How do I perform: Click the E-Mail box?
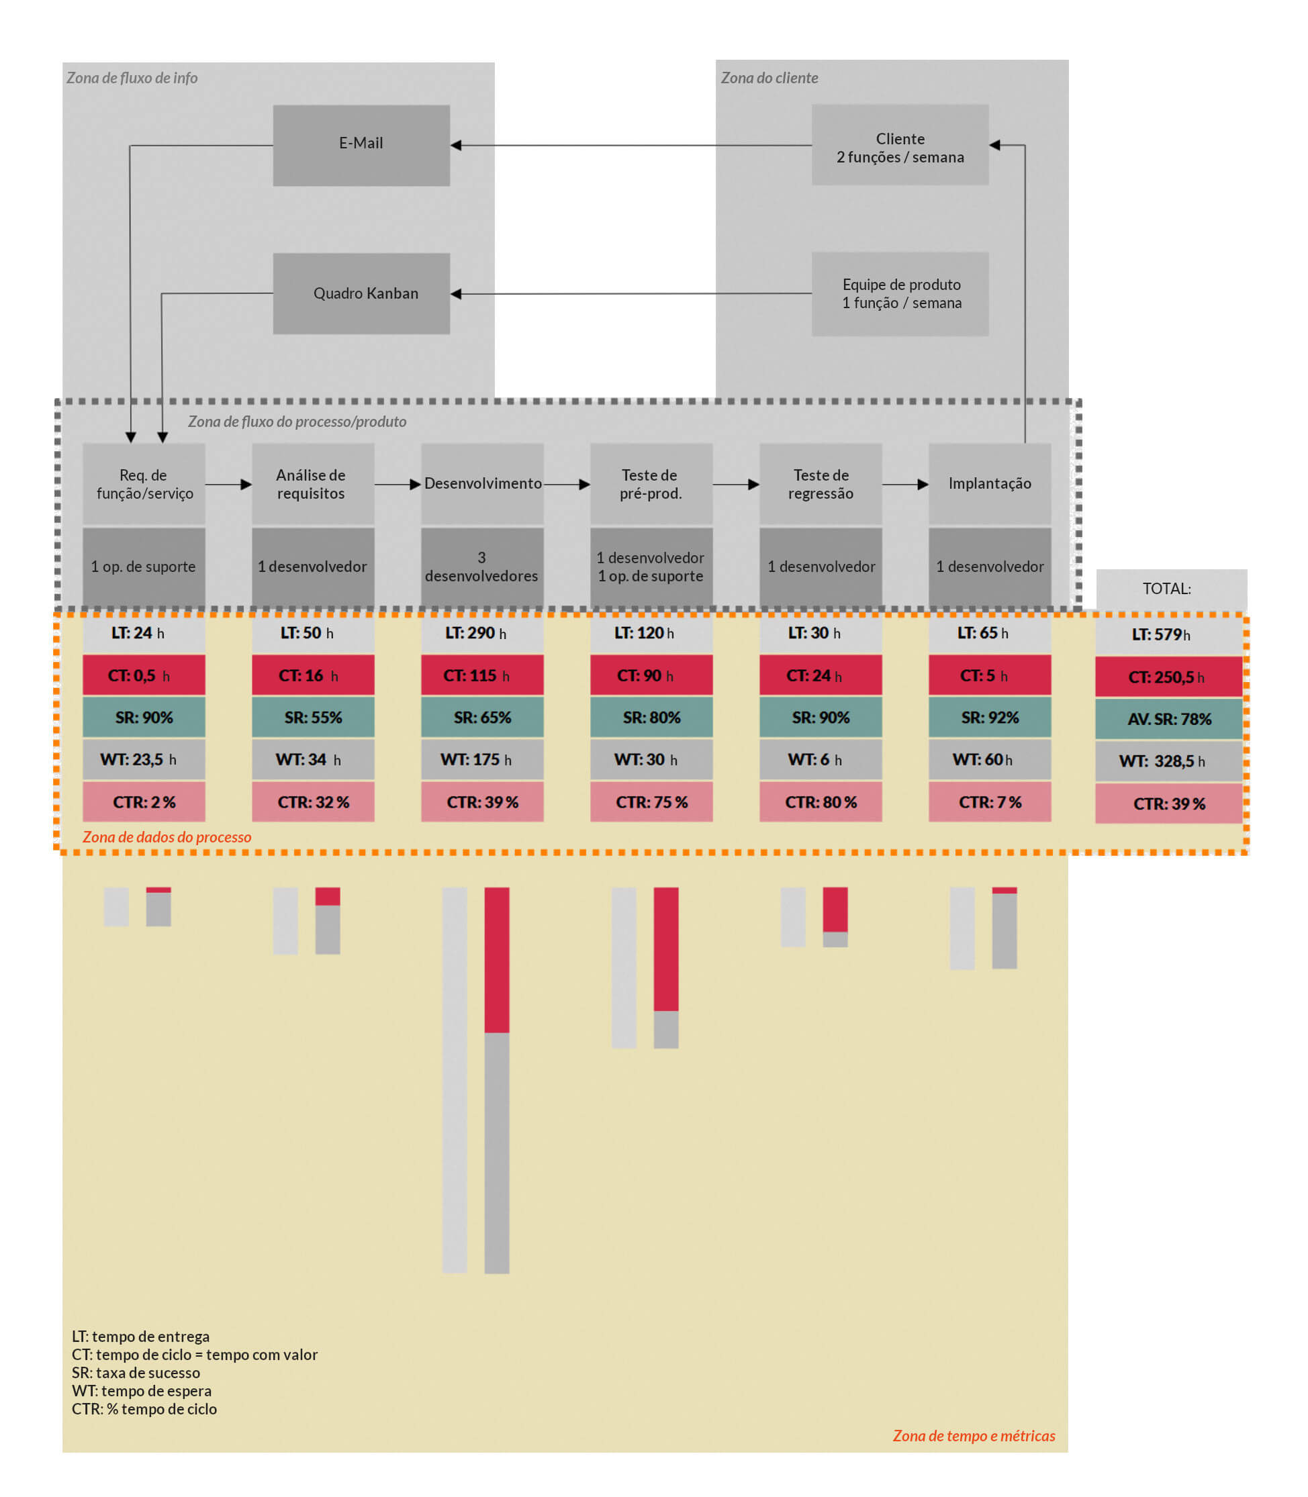point(361,145)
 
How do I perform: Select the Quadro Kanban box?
point(361,293)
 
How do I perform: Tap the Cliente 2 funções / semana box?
point(900,144)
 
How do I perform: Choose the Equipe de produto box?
point(900,294)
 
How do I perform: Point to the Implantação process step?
point(989,483)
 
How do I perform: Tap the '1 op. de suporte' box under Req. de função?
point(144,567)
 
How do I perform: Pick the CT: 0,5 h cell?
point(144,675)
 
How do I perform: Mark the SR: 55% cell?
point(313,718)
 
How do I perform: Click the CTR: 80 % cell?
point(821,802)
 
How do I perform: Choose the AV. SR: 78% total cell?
point(1168,719)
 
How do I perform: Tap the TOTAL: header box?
point(1171,589)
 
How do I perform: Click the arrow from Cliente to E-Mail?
point(628,145)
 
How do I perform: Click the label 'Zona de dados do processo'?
point(167,837)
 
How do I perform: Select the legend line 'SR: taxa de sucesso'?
point(136,1373)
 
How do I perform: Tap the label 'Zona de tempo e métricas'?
point(974,1436)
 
